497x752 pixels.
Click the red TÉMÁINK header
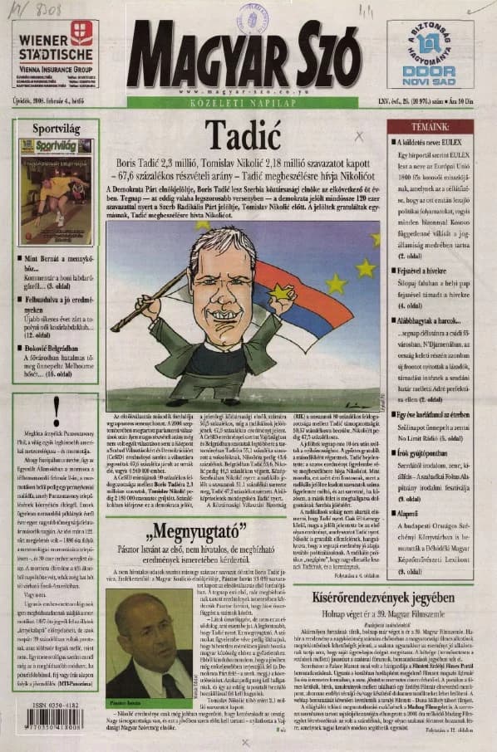(x=429, y=126)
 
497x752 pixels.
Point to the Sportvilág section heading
(x=56, y=129)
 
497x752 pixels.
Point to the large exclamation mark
(x=56, y=412)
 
